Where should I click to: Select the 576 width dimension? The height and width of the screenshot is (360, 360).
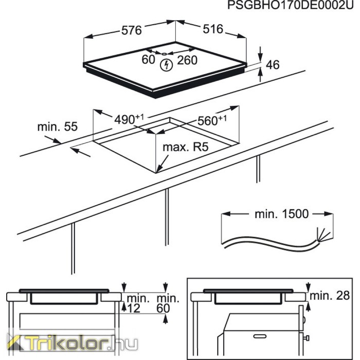click(x=132, y=30)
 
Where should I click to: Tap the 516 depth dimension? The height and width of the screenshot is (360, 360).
click(x=213, y=29)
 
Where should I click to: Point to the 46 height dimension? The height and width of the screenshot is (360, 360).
click(x=273, y=65)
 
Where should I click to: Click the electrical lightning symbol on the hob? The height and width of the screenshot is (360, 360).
click(x=166, y=65)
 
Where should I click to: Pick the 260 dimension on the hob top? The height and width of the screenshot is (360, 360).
click(x=187, y=60)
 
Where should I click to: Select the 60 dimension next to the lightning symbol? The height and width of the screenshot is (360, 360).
click(x=148, y=60)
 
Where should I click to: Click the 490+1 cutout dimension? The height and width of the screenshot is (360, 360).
click(x=129, y=119)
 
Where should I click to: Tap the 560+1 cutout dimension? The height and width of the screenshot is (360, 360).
click(x=212, y=120)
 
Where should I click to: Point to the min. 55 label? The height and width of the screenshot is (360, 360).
click(x=58, y=127)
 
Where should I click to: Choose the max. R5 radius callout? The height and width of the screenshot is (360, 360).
click(x=186, y=147)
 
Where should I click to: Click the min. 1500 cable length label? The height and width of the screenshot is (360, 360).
click(x=282, y=214)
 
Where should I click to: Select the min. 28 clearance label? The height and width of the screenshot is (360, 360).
click(x=330, y=296)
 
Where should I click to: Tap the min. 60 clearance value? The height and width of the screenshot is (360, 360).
click(x=167, y=303)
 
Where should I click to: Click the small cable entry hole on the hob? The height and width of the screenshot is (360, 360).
click(x=164, y=54)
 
